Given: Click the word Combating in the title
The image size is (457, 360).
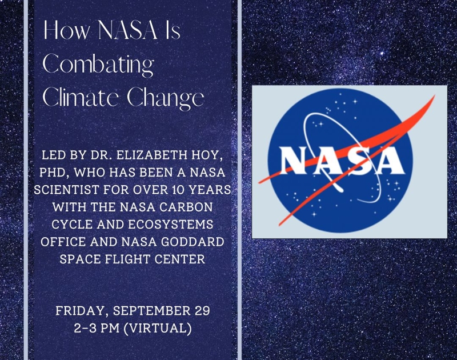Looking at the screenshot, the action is coord(98,65).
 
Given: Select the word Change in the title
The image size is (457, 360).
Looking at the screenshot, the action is coord(166,98).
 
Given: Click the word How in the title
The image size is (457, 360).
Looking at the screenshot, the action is coord(67,30).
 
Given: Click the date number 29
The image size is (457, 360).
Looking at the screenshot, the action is coord(202,311).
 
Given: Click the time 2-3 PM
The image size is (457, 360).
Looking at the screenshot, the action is coord(97,328).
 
